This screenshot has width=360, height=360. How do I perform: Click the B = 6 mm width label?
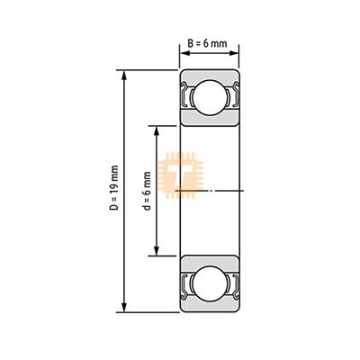click(207, 43)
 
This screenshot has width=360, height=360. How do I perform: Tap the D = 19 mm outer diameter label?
click(114, 188)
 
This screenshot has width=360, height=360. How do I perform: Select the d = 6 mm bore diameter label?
click(147, 191)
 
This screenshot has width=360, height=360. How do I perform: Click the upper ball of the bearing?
click(209, 97)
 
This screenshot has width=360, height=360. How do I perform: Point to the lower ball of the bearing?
click(209, 284)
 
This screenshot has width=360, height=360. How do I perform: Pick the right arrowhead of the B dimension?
click(233, 53)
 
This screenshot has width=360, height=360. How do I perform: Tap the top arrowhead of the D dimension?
click(124, 76)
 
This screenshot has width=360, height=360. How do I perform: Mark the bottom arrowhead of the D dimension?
click(124, 307)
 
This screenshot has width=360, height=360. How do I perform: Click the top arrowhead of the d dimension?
click(156, 131)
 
